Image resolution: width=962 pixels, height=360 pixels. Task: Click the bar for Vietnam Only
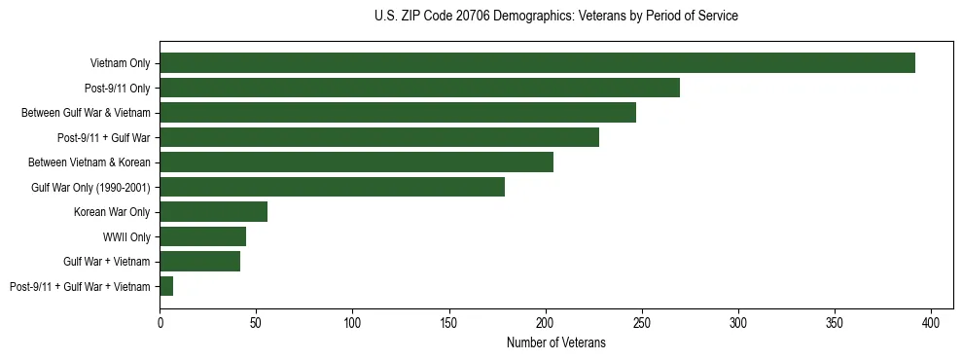pos(537,63)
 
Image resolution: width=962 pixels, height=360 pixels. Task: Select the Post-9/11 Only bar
pos(419,88)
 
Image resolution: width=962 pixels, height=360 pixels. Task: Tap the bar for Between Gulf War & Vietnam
pos(398,113)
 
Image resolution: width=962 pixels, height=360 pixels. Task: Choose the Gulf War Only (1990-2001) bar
pos(332,187)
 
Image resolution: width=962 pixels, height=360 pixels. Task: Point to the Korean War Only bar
pos(213,212)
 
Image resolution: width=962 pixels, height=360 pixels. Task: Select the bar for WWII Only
pos(202,236)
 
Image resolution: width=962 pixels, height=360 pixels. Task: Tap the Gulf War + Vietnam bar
pos(199,261)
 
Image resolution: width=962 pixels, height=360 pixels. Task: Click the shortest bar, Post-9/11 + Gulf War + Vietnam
pos(166,286)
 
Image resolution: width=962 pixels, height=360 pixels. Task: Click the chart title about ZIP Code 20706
pos(555,17)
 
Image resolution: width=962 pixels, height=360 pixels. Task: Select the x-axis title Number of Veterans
pos(555,343)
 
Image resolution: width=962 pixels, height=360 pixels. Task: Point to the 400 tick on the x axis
pos(931,321)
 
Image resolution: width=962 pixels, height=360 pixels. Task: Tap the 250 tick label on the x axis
pos(642,321)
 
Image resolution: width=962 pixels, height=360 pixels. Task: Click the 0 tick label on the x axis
pos(160,321)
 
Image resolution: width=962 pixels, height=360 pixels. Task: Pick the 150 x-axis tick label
pos(448,321)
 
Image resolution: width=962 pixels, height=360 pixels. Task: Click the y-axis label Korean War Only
pos(112,212)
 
